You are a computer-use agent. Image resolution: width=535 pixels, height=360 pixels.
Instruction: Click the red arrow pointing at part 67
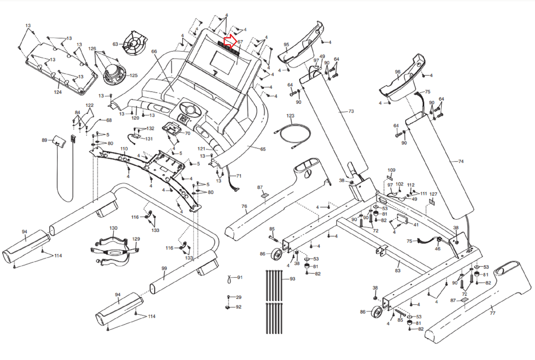[230, 41]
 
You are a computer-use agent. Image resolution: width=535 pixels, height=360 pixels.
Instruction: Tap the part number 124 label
[58, 92]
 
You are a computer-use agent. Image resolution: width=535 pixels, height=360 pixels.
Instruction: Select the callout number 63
[115, 44]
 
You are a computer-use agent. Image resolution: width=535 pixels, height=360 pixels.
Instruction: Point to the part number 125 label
[133, 76]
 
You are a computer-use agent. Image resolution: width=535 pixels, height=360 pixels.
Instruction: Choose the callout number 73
[351, 111]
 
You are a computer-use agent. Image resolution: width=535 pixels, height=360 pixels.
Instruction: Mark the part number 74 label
[461, 161]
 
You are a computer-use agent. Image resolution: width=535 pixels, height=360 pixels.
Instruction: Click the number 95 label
[286, 44]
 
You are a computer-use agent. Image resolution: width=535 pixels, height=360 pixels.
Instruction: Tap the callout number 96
[398, 72]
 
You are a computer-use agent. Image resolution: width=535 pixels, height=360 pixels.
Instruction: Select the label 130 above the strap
[113, 228]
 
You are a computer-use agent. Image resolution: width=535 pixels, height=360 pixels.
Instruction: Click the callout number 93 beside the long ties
[293, 279]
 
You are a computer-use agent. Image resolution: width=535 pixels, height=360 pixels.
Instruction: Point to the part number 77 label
[493, 313]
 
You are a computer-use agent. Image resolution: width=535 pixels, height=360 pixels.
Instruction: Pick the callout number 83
[398, 271]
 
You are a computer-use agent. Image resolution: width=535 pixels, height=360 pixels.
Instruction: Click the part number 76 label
[244, 206]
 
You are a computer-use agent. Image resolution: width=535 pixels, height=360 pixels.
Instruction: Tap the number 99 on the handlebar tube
[164, 268]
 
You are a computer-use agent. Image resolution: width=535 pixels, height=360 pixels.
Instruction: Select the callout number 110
[124, 149]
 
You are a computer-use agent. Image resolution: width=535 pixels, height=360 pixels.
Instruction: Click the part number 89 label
[44, 140]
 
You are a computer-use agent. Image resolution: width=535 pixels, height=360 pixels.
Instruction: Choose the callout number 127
[433, 194]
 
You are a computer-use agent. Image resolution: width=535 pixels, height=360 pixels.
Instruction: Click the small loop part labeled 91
[229, 279]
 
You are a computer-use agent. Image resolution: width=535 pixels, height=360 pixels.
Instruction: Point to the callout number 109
[392, 170]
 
